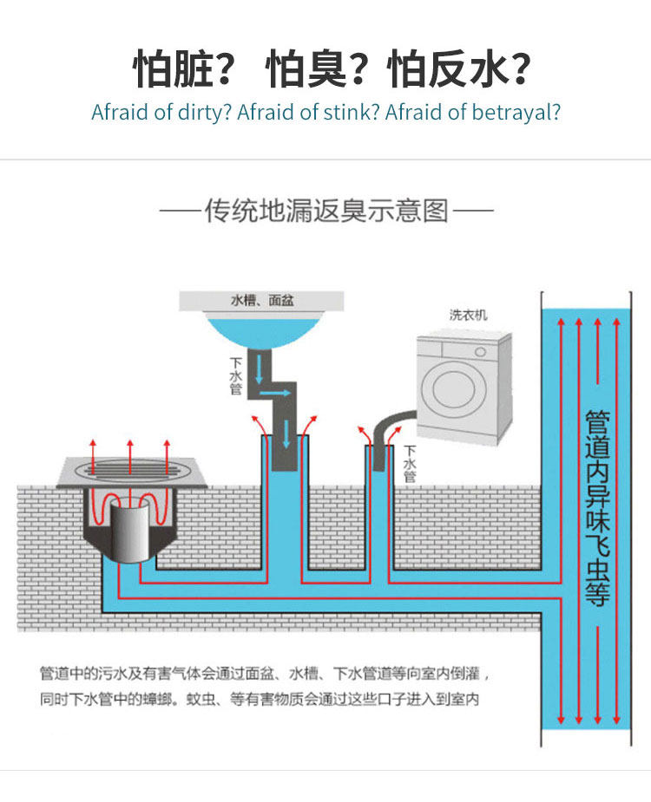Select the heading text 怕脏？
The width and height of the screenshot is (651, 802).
click(184, 68)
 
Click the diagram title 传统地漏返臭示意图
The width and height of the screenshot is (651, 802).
click(326, 211)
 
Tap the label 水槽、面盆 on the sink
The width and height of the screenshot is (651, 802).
click(261, 300)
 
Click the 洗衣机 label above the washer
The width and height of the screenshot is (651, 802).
click(468, 315)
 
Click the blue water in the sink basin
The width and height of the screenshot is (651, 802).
click(261, 330)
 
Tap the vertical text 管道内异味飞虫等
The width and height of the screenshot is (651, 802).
click(597, 508)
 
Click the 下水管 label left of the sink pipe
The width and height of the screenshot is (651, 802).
click(235, 376)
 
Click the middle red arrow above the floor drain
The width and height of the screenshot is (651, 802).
click(129, 455)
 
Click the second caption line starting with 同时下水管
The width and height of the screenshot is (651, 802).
click(260, 698)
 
